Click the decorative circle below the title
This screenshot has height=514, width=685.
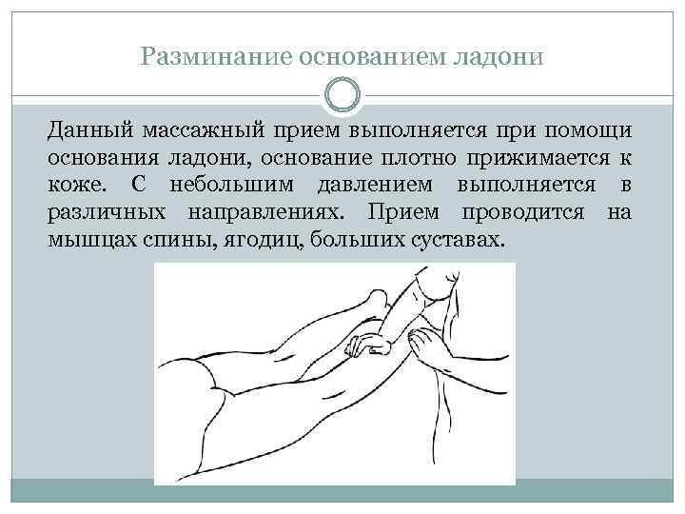pos(342,95)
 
